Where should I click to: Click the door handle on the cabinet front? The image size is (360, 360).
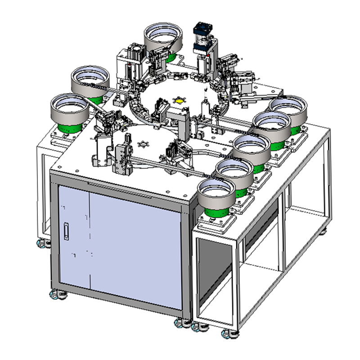(x=67, y=230)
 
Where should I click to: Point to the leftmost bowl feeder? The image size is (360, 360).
(x=69, y=110)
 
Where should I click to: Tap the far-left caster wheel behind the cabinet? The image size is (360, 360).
(x=41, y=243)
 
